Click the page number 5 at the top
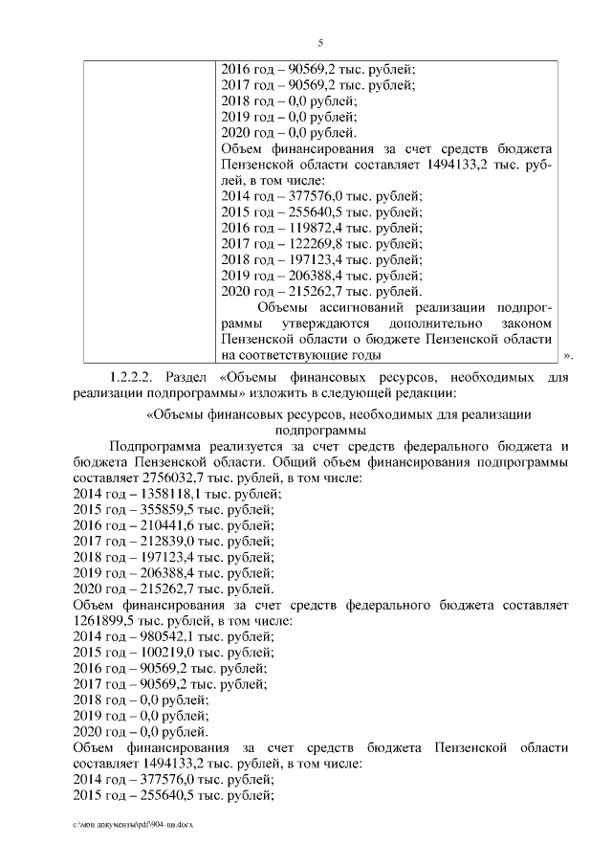click(x=320, y=42)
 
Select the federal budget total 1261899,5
click(x=106, y=620)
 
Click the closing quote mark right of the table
click(x=568, y=357)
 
